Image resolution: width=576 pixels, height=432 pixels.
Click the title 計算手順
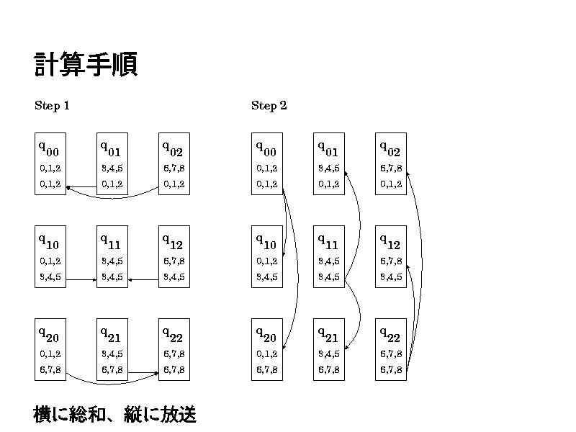pyautogui.click(x=86, y=65)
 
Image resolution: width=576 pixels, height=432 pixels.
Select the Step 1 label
pyautogui.click(x=52, y=106)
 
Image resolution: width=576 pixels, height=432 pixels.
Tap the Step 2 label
pyautogui.click(x=269, y=106)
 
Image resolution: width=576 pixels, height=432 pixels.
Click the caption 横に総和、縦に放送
pyautogui.click(x=115, y=415)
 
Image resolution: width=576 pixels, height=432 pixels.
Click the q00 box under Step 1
pyautogui.click(x=50, y=163)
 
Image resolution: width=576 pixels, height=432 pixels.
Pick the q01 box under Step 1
pyautogui.click(x=112, y=163)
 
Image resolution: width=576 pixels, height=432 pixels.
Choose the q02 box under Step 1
pyautogui.click(x=174, y=163)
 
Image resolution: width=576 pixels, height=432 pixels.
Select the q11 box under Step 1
pyautogui.click(x=112, y=256)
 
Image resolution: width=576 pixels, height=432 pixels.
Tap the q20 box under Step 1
pyautogui.click(x=50, y=349)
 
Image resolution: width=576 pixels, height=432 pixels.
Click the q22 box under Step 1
pyautogui.click(x=174, y=349)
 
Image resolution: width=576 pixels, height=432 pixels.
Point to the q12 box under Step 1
pyautogui.click(x=174, y=256)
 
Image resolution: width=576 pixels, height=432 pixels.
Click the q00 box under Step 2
pyautogui.click(x=267, y=163)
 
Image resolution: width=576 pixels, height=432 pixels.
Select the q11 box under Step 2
pyautogui.click(x=329, y=256)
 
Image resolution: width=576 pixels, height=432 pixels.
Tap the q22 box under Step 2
pyautogui.click(x=391, y=349)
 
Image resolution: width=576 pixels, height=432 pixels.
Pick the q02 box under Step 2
pyautogui.click(x=391, y=163)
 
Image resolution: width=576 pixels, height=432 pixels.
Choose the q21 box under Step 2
pyautogui.click(x=329, y=349)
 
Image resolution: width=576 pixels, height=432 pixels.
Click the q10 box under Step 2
pyautogui.click(x=267, y=256)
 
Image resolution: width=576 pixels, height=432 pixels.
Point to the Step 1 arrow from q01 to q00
pyautogui.click(x=81, y=187)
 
